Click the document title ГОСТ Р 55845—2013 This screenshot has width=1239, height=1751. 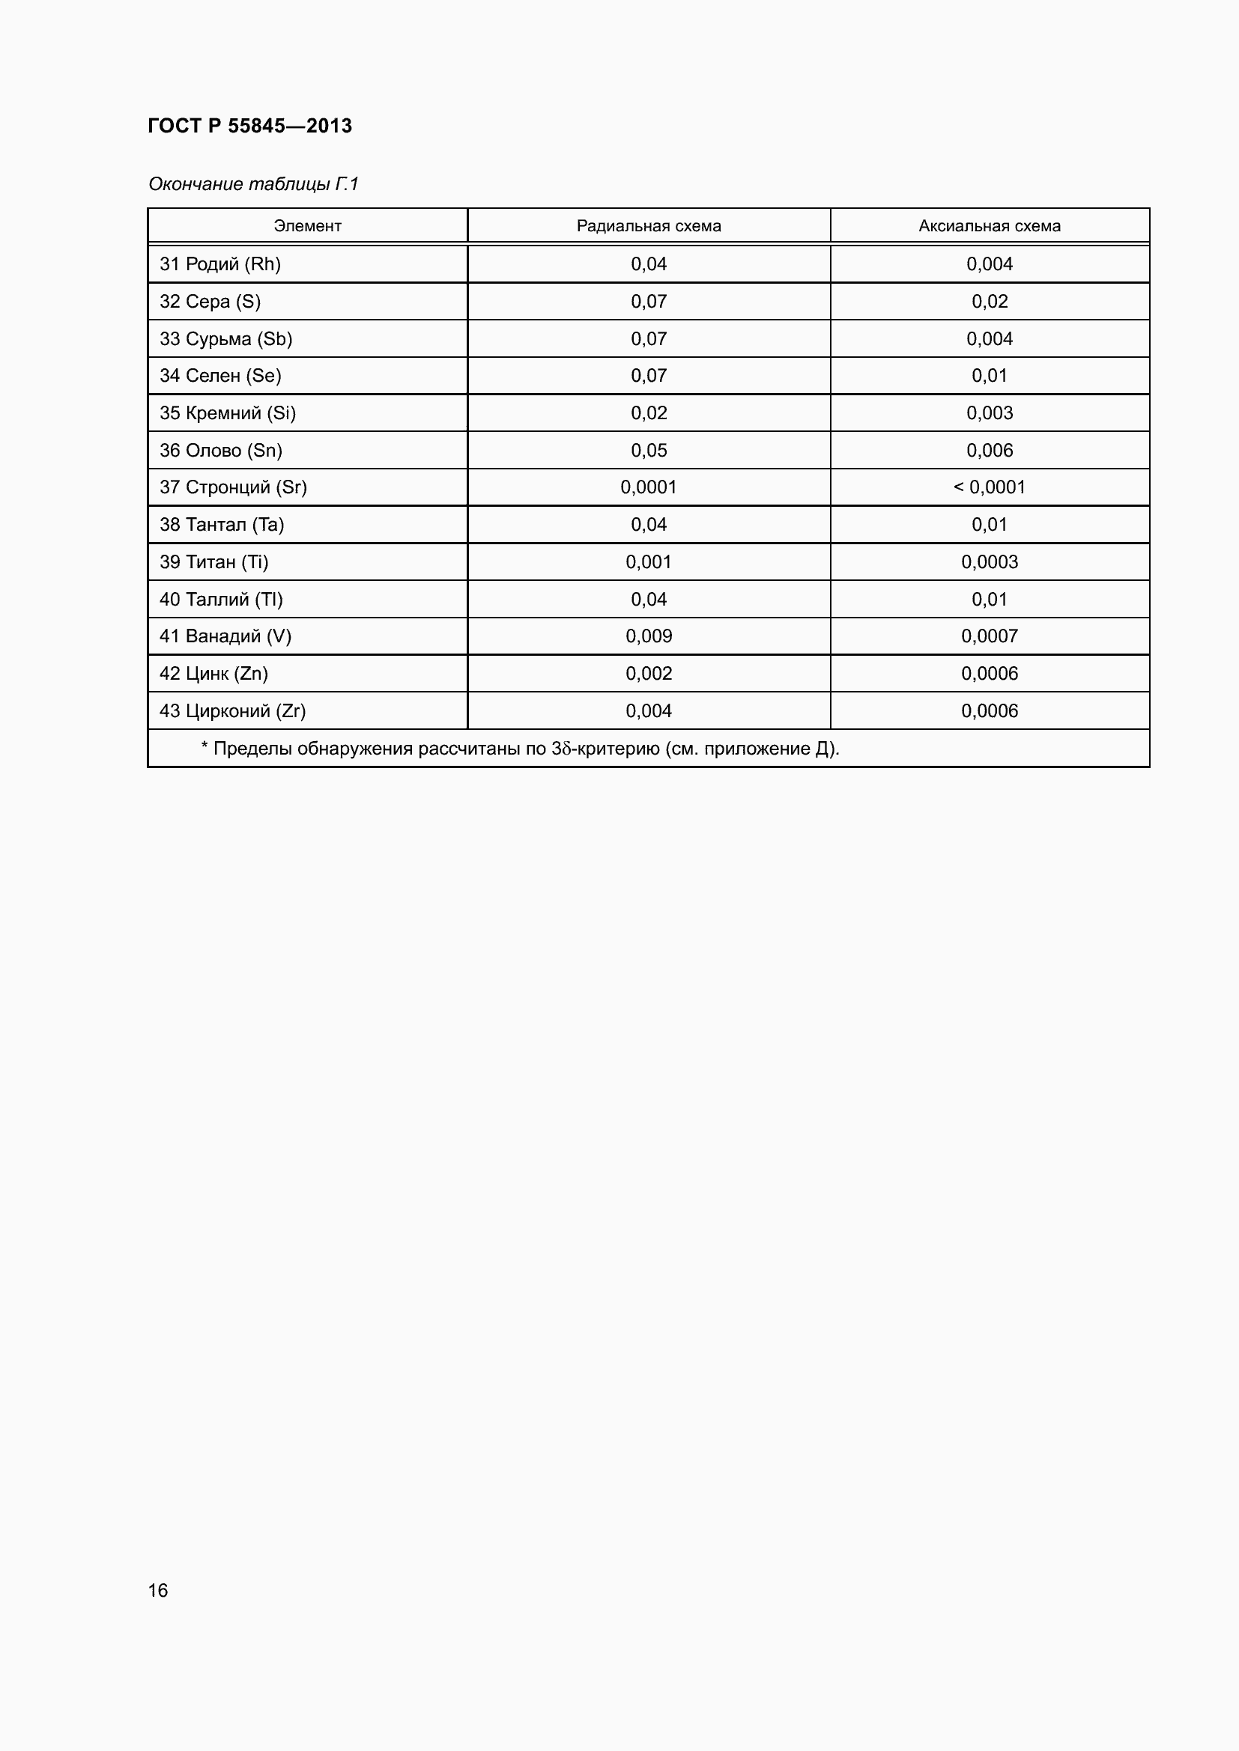click(249, 126)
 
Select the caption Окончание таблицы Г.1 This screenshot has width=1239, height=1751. click(252, 184)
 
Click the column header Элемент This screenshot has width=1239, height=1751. click(307, 226)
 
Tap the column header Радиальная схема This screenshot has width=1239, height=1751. click(649, 226)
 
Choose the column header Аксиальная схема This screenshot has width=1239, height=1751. click(990, 226)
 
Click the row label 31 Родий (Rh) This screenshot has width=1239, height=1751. click(219, 264)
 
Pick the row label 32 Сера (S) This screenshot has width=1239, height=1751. click(210, 301)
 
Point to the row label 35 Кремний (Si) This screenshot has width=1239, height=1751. click(228, 412)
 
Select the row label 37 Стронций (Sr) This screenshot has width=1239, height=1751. click(233, 487)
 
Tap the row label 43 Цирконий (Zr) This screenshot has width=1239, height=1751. click(232, 710)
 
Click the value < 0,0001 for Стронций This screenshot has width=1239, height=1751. click(990, 487)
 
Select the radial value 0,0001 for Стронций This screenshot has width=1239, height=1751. click(649, 487)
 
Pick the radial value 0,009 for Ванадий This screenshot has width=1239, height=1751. click(649, 636)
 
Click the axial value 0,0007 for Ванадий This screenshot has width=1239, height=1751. click(990, 636)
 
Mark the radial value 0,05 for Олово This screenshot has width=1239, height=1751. click(649, 450)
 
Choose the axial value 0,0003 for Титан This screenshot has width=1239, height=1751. click(990, 562)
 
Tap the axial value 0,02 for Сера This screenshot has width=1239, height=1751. click(990, 301)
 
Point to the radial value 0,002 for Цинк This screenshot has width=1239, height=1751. click(649, 674)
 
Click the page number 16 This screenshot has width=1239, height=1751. click(158, 1590)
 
